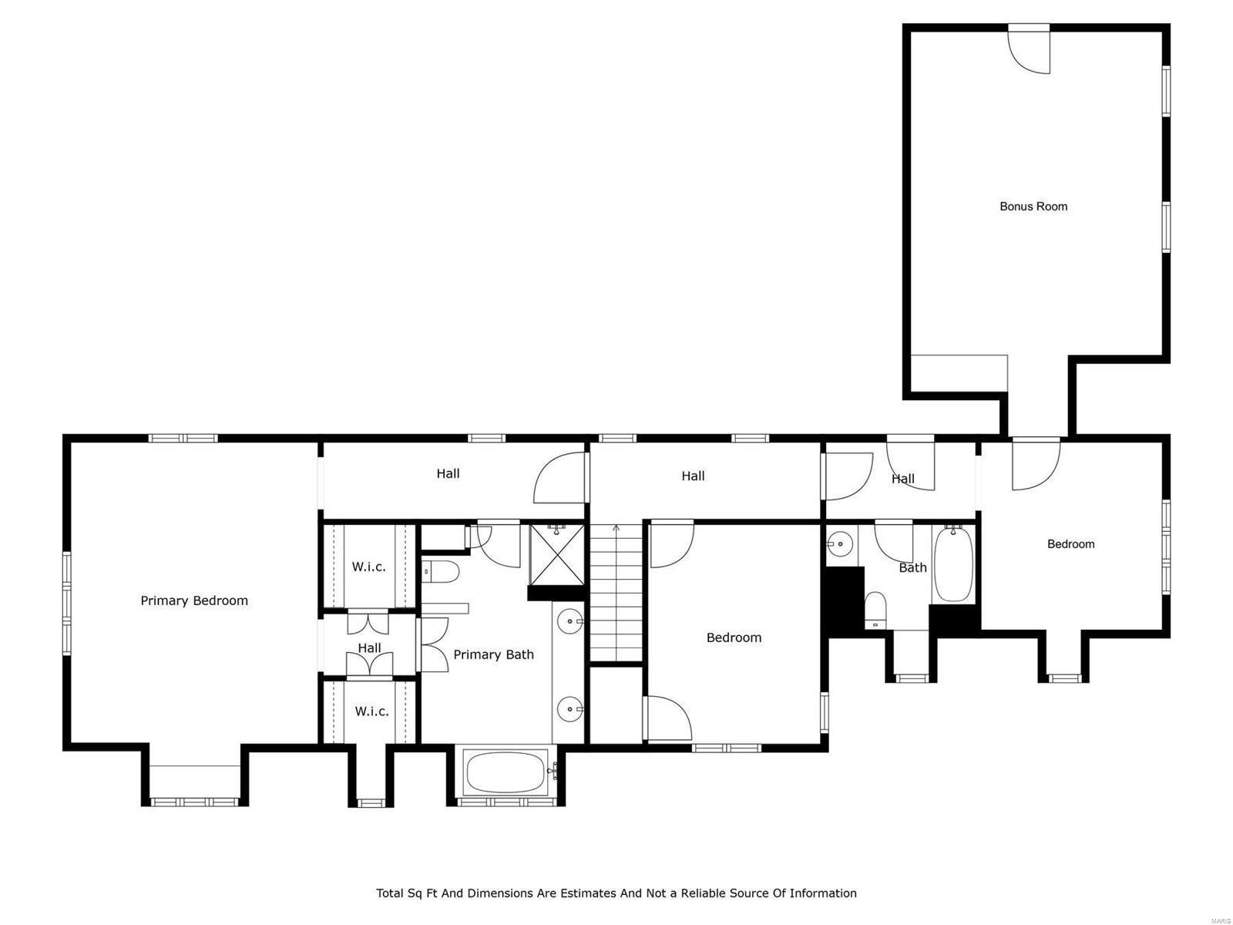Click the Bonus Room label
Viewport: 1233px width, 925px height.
1033,206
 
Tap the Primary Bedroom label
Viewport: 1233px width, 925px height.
194,600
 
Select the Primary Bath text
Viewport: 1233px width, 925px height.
493,654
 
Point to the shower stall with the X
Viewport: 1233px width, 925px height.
557,554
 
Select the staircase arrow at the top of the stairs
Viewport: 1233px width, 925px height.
616,530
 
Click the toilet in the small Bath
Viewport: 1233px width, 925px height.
875,609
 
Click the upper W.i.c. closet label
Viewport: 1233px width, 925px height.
369,567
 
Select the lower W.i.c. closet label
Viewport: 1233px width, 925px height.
371,711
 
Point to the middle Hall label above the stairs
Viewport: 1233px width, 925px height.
693,476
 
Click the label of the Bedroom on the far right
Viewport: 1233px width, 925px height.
1070,543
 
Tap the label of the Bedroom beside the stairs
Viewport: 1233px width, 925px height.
734,637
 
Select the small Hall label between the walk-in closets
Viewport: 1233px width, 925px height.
369,647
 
